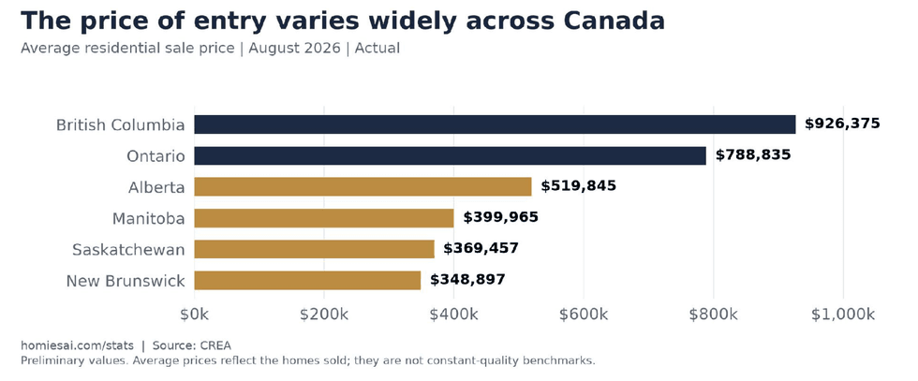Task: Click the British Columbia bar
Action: click(495, 125)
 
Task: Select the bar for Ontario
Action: click(451, 155)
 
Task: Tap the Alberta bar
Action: click(363, 186)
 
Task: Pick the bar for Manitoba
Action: click(324, 218)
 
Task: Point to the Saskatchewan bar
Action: click(315, 249)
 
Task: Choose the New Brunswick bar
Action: click(307, 280)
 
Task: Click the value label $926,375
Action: click(842, 125)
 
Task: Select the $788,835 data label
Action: click(753, 155)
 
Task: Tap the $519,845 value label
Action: click(579, 186)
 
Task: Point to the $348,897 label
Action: click(467, 280)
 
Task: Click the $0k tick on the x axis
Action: click(195, 315)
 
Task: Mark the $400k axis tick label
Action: click(453, 315)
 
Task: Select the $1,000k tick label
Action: click(843, 315)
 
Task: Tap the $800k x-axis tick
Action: click(714, 315)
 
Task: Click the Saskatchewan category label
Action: click(129, 250)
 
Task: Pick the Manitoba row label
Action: click(149, 219)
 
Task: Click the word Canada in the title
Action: click(614, 22)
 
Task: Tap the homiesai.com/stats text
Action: click(77, 345)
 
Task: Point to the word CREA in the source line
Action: click(215, 345)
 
